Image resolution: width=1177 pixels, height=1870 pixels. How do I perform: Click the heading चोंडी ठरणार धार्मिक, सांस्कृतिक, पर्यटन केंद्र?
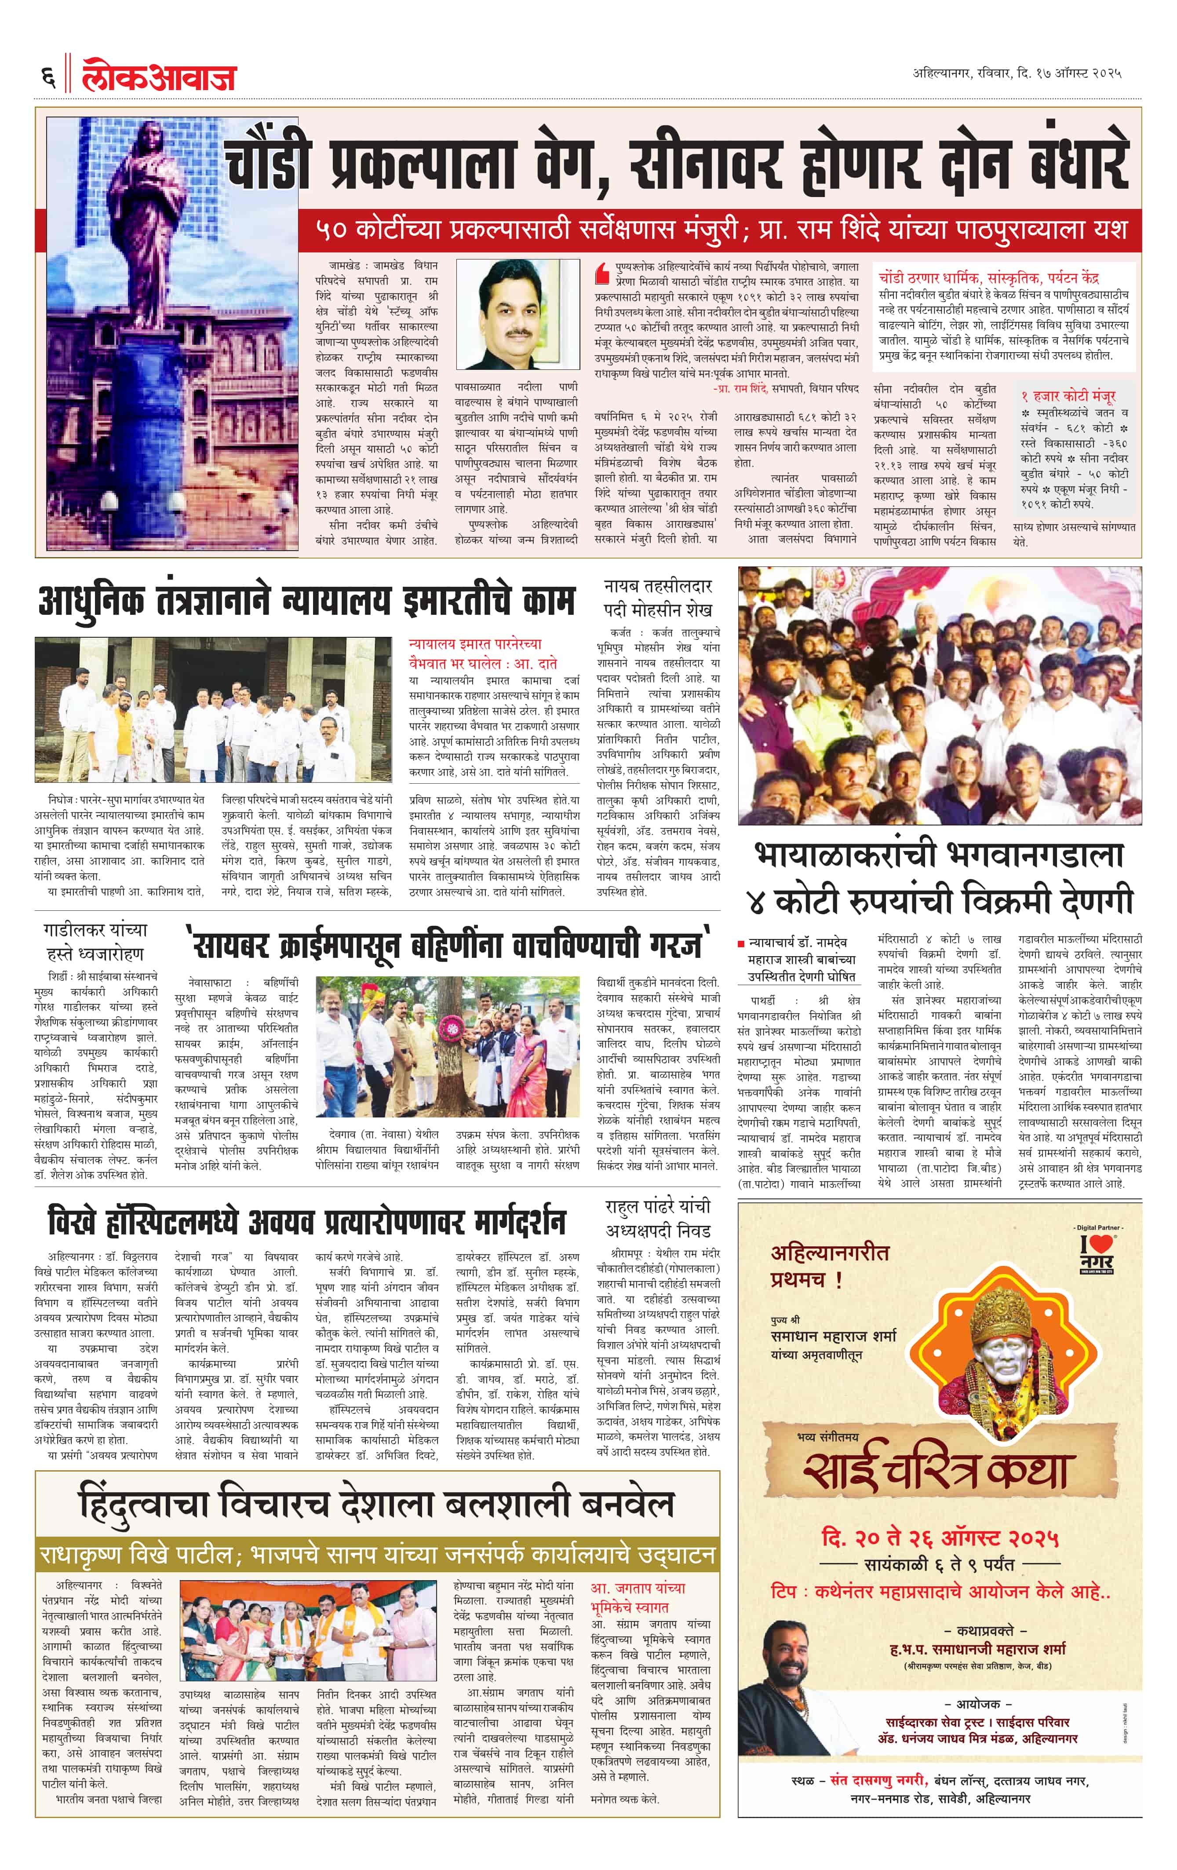click(988, 277)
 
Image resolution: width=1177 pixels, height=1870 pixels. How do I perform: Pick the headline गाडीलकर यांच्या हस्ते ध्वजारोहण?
click(95, 941)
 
